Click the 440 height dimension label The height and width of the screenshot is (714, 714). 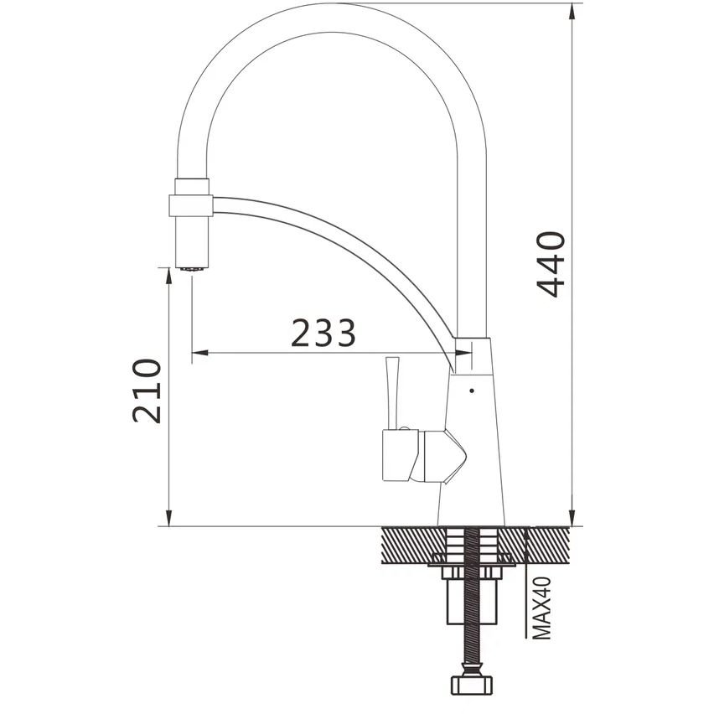(551, 265)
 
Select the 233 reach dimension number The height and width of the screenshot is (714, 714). (323, 333)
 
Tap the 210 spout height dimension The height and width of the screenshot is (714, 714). (147, 391)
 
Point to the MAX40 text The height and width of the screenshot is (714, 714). (542, 608)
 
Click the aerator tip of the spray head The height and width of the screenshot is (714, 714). (192, 269)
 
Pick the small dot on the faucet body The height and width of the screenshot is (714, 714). (472, 391)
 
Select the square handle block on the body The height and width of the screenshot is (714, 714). (401, 455)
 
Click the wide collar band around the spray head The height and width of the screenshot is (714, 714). (191, 205)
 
